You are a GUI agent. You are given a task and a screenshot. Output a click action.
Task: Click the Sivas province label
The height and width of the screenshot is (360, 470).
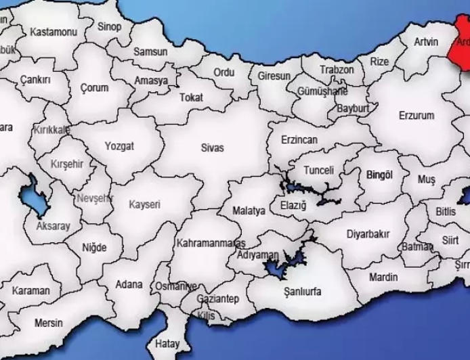pyautogui.click(x=212, y=148)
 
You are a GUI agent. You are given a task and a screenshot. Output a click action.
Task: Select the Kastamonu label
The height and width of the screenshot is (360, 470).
pyautogui.click(x=54, y=32)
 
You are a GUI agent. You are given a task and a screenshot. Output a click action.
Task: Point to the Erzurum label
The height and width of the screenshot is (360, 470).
pyautogui.click(x=416, y=116)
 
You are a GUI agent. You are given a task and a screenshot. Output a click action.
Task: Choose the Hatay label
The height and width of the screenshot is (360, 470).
pyautogui.click(x=167, y=343)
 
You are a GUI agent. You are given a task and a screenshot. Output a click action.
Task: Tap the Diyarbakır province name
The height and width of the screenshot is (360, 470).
pyautogui.click(x=368, y=234)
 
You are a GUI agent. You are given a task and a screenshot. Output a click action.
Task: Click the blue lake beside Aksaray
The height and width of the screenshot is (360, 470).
pyautogui.click(x=33, y=198)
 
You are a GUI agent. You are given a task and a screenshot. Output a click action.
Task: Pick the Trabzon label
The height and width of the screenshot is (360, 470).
pyautogui.click(x=337, y=70)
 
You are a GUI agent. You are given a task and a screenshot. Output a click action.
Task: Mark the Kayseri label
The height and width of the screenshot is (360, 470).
pyautogui.click(x=145, y=204)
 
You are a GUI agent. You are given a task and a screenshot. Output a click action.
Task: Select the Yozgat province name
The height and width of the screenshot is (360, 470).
pyautogui.click(x=119, y=145)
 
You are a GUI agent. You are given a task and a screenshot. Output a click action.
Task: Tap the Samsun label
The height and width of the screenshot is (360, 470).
pyautogui.click(x=150, y=51)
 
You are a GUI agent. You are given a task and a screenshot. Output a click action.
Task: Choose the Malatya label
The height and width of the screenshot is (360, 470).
pyautogui.click(x=249, y=211)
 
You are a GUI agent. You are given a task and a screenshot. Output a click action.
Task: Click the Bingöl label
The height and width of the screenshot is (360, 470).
pyautogui.click(x=379, y=175)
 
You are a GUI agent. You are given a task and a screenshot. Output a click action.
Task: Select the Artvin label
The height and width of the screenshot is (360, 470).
pyautogui.click(x=427, y=42)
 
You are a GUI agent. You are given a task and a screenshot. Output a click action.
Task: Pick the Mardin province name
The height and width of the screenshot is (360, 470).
pyautogui.click(x=383, y=277)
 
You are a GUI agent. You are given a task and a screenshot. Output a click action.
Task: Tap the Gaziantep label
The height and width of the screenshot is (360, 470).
pyautogui.click(x=218, y=298)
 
